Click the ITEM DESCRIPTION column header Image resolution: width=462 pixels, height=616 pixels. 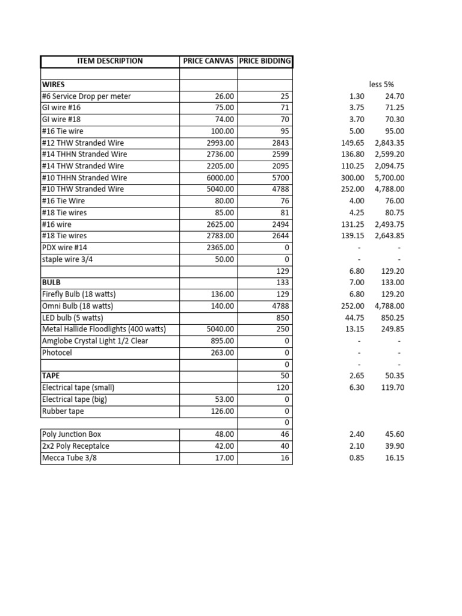(x=110, y=61)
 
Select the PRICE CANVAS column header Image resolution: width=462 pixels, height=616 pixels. (x=208, y=61)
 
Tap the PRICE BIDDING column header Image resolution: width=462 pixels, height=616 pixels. (x=265, y=61)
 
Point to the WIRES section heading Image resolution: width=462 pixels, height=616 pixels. (x=54, y=84)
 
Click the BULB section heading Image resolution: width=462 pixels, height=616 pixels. (x=51, y=282)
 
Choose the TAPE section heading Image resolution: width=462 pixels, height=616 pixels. (x=51, y=375)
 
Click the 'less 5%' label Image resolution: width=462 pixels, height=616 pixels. (x=381, y=84)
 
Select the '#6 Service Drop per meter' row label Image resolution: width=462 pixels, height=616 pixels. (x=86, y=96)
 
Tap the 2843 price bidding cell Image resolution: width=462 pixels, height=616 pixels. (x=280, y=143)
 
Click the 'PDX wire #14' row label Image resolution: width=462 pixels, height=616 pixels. (x=68, y=247)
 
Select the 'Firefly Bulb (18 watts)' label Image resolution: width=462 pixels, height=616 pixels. (x=78, y=294)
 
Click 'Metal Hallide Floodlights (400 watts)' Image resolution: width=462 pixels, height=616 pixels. (x=103, y=329)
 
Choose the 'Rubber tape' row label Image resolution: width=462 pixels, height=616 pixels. (x=63, y=411)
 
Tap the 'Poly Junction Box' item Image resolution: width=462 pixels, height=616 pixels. (x=72, y=434)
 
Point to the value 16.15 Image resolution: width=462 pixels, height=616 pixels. (x=394, y=458)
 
